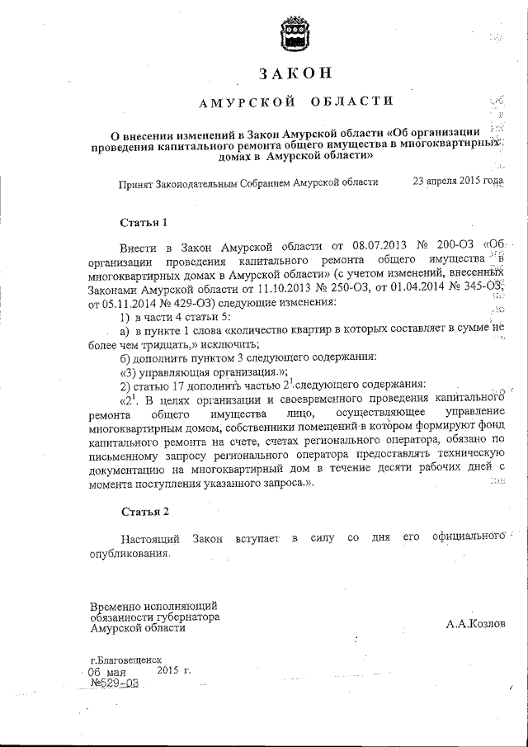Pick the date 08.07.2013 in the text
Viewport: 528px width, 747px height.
coord(361,245)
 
